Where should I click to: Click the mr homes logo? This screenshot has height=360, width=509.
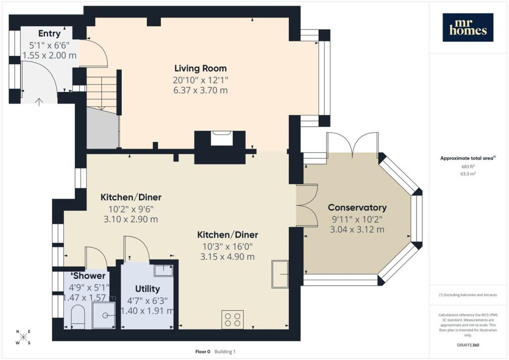click(468, 27)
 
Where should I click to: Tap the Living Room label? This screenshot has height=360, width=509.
click(201, 68)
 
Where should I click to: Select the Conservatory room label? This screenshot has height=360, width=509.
click(357, 207)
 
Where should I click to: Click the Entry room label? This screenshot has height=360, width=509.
click(49, 34)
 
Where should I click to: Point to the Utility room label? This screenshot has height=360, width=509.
click(147, 289)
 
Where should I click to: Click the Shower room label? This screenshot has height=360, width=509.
click(89, 276)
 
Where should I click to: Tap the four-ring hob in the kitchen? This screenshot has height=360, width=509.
click(233, 319)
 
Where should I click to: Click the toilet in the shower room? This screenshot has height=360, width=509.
click(78, 316)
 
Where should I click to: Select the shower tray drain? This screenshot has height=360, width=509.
click(105, 315)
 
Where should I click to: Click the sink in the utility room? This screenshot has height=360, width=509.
click(163, 270)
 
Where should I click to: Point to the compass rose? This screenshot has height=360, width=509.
click(23, 337)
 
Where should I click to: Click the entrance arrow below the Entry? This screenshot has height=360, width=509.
click(39, 102)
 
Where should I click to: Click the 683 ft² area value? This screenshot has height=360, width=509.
click(468, 166)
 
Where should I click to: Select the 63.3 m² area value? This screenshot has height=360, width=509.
click(468, 174)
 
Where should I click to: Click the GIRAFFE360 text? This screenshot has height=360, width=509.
click(468, 345)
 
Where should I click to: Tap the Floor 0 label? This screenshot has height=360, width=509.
click(203, 352)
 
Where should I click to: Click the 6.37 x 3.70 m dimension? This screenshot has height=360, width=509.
click(201, 90)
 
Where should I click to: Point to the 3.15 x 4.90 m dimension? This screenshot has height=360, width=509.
click(227, 257)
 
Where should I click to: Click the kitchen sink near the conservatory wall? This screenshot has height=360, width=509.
click(280, 274)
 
